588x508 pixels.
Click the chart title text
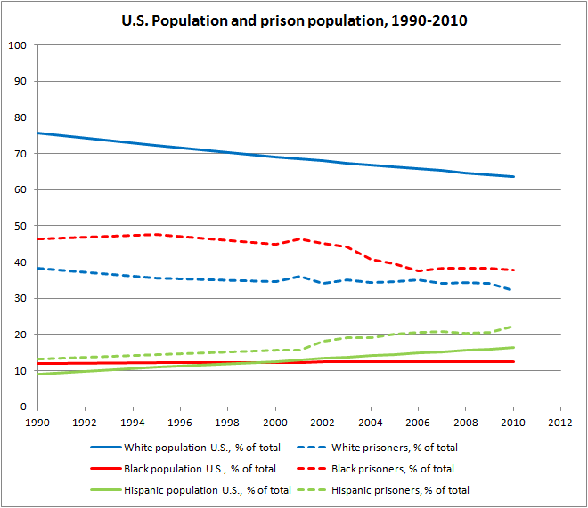(x=294, y=20)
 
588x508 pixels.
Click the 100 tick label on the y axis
(x=19, y=45)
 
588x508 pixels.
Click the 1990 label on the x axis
(x=37, y=423)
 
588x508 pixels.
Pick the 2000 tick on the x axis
(x=275, y=423)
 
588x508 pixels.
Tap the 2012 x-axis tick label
(x=560, y=423)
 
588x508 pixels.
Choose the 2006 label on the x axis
(x=418, y=423)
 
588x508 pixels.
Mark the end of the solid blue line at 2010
(x=514, y=177)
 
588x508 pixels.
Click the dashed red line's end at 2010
(x=514, y=270)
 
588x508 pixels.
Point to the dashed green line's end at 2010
(x=514, y=327)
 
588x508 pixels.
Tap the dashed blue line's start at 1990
(x=37, y=268)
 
